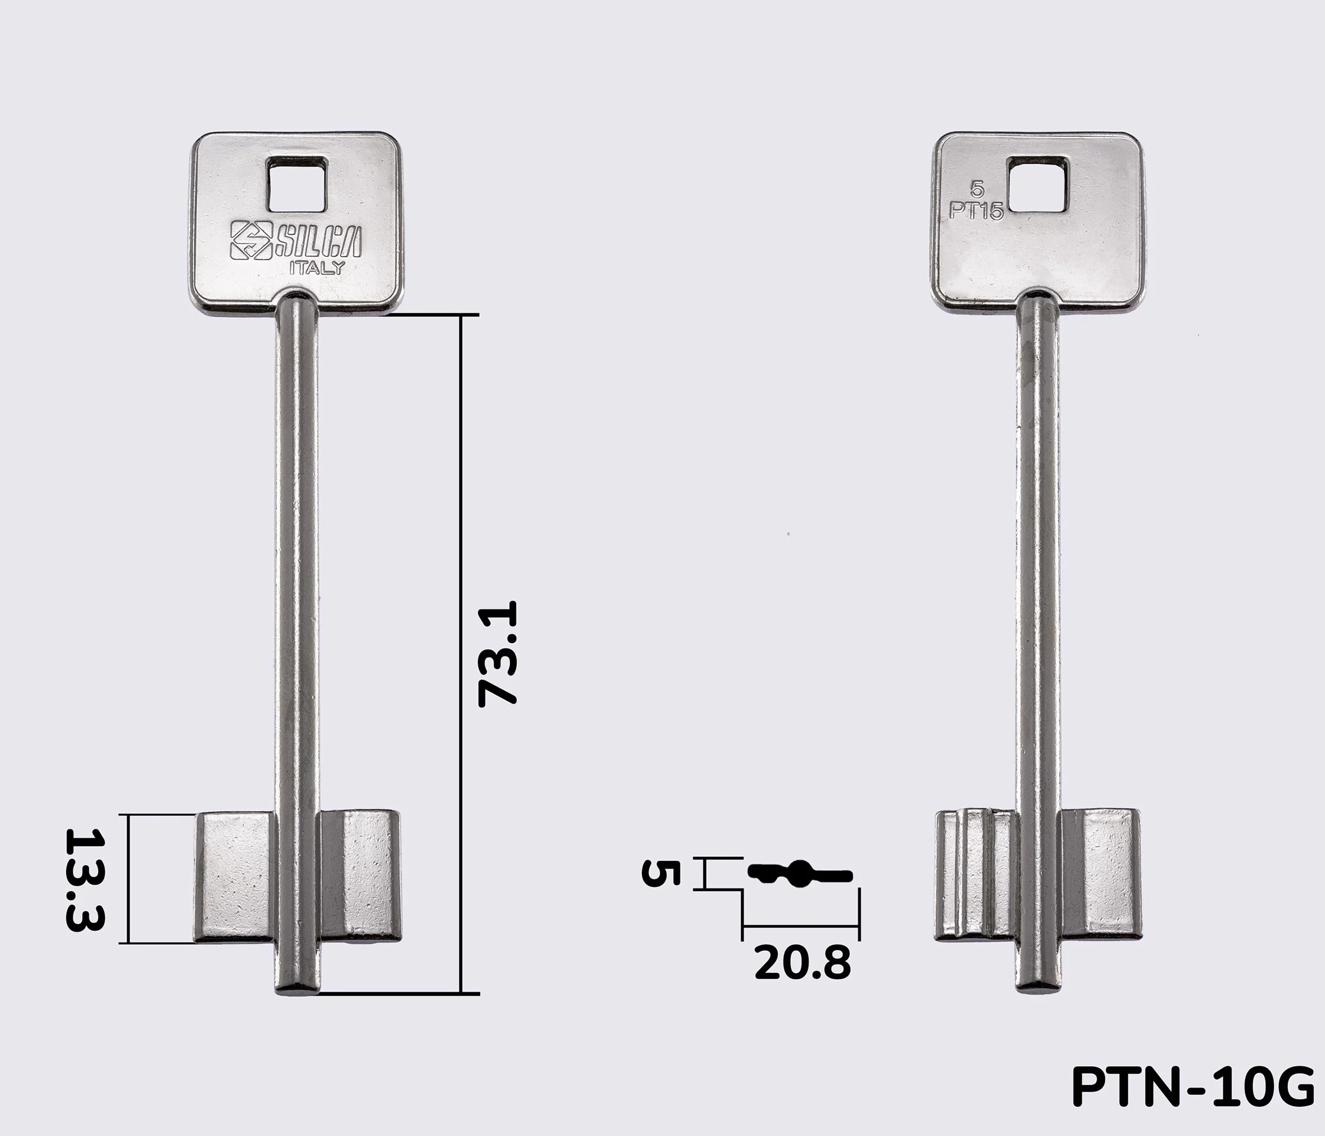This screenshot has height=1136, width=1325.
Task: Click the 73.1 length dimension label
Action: point(497,653)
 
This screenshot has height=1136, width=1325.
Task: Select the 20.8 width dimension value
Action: point(803,963)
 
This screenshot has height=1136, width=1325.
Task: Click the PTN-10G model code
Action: point(1192,1087)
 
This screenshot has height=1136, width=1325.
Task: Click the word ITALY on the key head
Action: point(317,268)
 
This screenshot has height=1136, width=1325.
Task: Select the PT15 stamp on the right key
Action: point(976,211)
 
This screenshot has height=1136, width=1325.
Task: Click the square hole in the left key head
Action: point(297,185)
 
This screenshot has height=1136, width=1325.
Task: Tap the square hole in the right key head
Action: point(1038,185)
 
